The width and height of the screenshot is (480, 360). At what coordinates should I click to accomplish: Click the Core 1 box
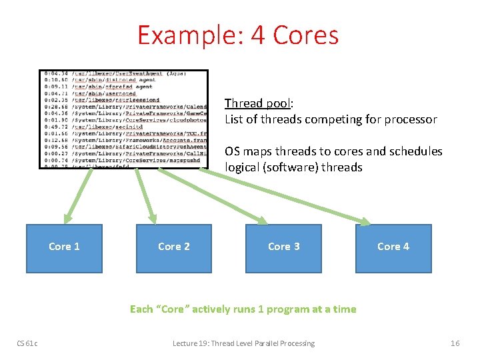[64, 248]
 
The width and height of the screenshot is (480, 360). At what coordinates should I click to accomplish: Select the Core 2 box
[173, 248]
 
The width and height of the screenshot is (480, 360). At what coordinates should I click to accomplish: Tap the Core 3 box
[283, 248]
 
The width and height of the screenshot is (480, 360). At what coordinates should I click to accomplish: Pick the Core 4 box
[393, 248]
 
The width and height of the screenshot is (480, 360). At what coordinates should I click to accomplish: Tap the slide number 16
[455, 343]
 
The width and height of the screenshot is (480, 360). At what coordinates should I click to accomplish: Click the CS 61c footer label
[27, 343]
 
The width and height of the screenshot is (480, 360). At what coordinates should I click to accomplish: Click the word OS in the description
[232, 151]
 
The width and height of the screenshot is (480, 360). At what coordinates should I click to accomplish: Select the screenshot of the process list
[123, 119]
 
